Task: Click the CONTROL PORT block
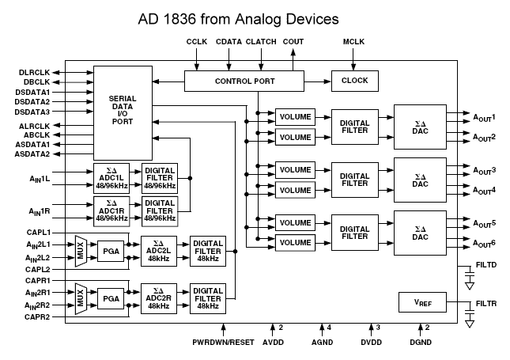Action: pyautogui.click(x=244, y=81)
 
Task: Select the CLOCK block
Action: pyautogui.click(x=354, y=81)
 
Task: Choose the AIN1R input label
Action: pyautogui.click(x=33, y=211)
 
